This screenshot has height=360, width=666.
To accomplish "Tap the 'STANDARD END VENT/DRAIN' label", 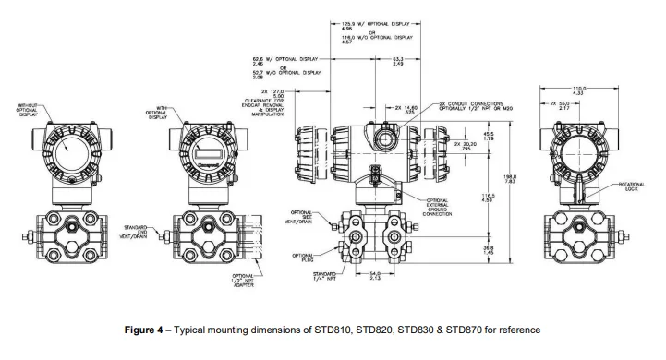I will (137, 228).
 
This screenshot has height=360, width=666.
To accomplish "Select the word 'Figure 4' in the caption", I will (147, 330).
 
